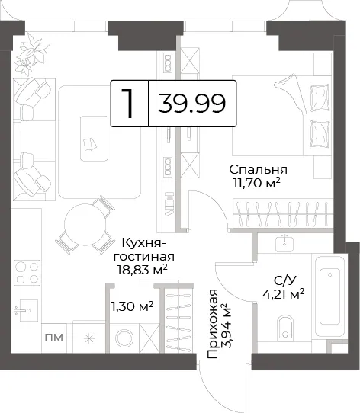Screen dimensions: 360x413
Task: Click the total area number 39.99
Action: (x=191, y=104)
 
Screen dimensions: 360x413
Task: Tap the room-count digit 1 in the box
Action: (x=128, y=104)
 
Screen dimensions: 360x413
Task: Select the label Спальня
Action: (x=258, y=170)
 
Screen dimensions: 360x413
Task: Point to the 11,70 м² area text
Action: (x=256, y=183)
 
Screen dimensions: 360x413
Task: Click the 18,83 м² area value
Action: (x=142, y=270)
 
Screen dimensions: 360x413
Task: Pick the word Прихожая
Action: (x=213, y=324)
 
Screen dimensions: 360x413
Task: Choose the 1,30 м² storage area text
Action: (x=132, y=306)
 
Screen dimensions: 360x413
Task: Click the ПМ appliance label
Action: (x=54, y=338)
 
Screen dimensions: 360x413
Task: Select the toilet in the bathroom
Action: (x=285, y=328)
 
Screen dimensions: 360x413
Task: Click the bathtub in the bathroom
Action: (x=329, y=295)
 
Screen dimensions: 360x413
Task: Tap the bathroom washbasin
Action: (x=284, y=243)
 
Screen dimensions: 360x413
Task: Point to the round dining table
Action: (x=85, y=225)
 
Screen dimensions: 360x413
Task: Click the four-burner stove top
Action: (x=27, y=273)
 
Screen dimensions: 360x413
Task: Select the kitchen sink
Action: (x=27, y=310)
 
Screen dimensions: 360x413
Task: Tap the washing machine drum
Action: (x=124, y=338)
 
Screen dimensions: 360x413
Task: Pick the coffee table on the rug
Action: (x=94, y=139)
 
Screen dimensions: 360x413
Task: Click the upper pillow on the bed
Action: (x=320, y=98)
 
